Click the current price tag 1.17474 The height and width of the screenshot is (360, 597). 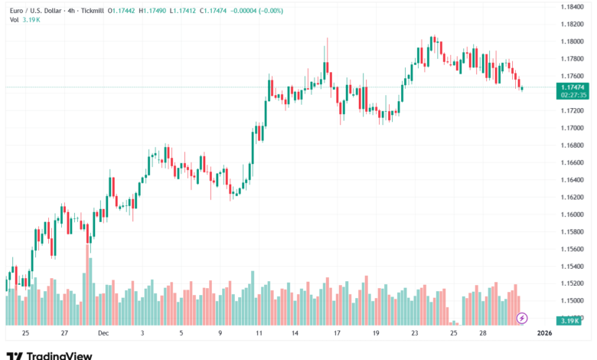[573, 87]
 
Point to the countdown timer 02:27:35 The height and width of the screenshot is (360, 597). [573, 95]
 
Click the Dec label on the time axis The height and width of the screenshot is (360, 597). [103, 334]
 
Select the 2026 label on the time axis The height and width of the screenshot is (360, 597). [544, 334]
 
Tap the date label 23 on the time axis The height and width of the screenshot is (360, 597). [415, 334]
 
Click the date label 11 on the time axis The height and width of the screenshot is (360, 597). [259, 334]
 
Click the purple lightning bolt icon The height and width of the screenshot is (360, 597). [522, 317]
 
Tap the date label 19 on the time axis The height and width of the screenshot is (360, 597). [375, 334]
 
